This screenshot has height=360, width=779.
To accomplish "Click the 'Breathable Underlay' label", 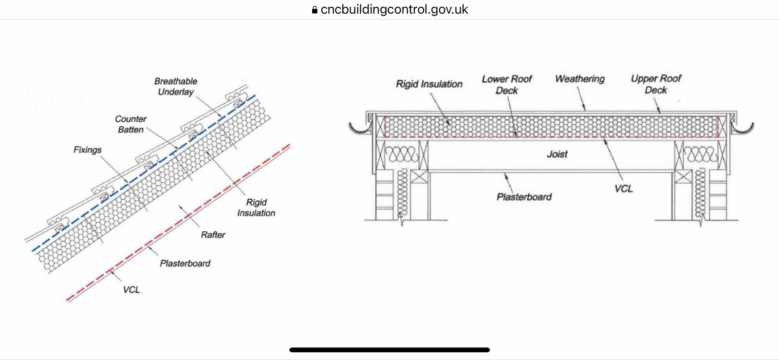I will click(176, 87).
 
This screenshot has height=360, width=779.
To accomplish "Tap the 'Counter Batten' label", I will click(130, 124).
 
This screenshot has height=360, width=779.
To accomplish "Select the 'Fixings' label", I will click(88, 150).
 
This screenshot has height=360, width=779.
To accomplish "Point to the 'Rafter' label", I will click(213, 235).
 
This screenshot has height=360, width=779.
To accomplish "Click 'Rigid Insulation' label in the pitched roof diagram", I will click(256, 208).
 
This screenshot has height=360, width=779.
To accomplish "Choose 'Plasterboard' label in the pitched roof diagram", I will click(185, 264).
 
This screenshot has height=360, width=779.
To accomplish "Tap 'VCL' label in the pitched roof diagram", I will click(131, 290).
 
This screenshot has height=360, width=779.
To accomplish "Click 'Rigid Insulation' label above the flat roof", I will click(429, 84).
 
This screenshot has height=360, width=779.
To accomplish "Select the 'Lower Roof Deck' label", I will click(507, 85).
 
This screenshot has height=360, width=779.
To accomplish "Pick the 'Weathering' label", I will click(580, 79).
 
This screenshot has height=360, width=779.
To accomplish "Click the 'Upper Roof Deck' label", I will click(656, 84).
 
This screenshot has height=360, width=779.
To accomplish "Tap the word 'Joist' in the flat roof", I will click(557, 154).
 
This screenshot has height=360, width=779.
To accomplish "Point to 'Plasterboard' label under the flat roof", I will click(524, 197).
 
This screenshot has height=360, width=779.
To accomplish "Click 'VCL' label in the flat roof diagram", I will click(624, 189).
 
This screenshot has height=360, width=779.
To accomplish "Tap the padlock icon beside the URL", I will click(315, 10).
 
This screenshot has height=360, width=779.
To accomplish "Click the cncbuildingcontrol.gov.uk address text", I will click(394, 10).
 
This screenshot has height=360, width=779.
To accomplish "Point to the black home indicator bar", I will click(389, 350).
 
